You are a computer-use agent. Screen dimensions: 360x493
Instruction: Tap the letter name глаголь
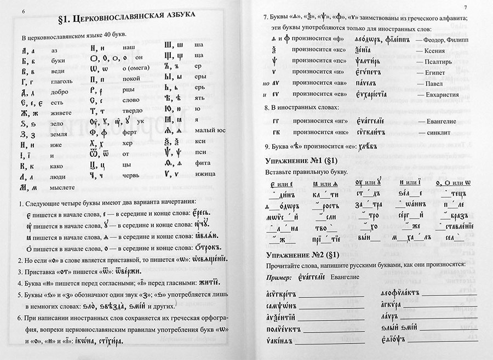click(x=62, y=82)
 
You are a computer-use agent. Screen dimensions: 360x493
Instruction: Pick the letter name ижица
click(x=204, y=175)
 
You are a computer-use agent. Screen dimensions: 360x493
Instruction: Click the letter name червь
click(x=132, y=175)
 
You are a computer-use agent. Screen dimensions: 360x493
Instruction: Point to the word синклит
click(x=437, y=132)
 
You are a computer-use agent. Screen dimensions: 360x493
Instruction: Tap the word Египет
click(x=433, y=72)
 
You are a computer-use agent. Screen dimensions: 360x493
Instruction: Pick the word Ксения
click(x=434, y=51)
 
